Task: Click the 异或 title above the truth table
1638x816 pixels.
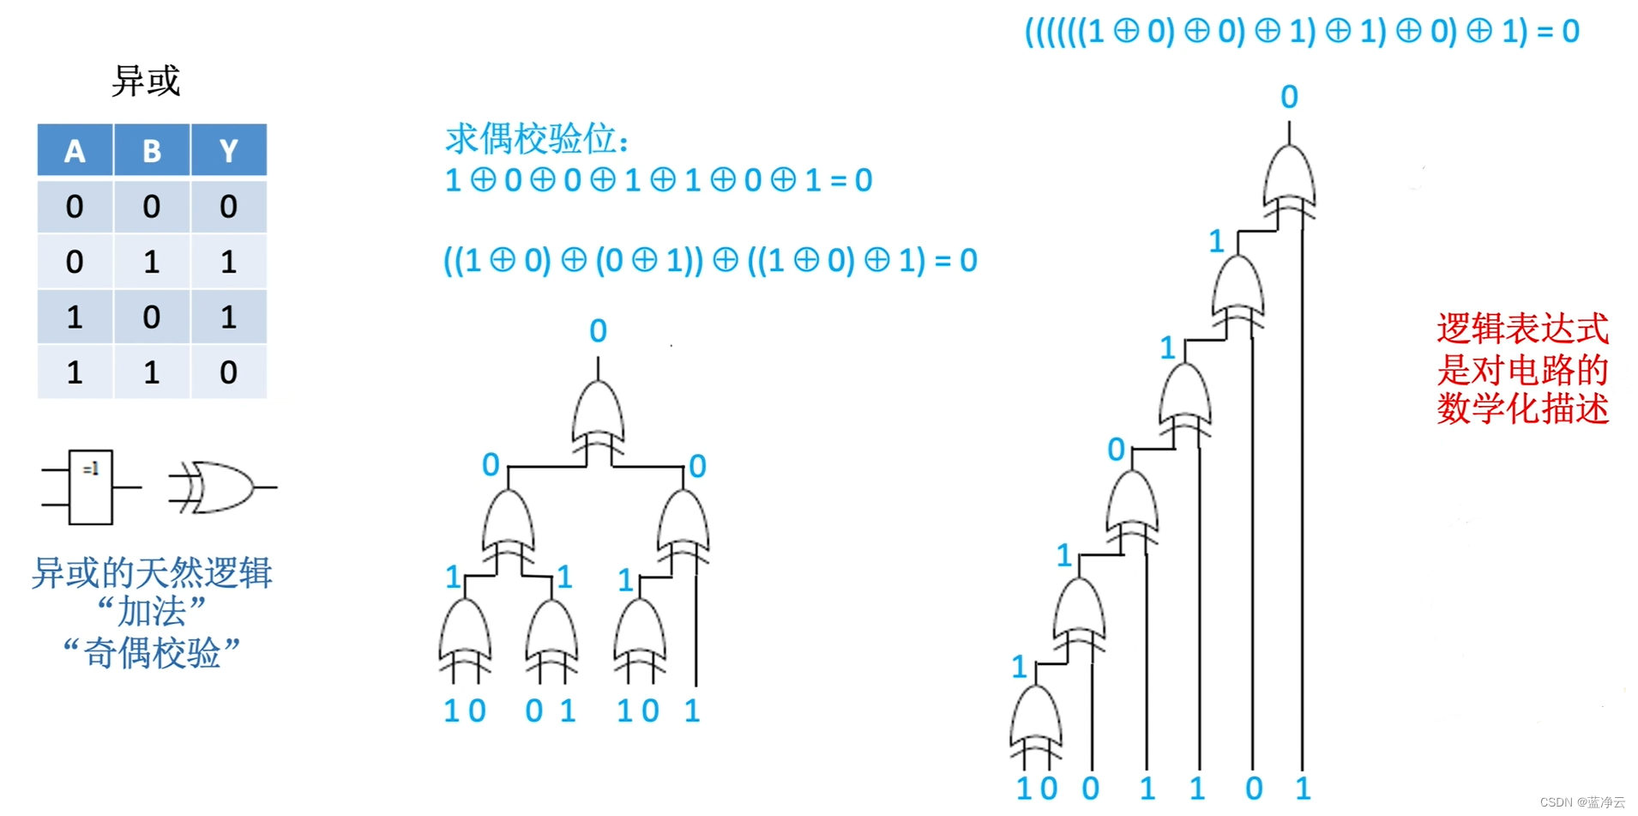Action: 146,82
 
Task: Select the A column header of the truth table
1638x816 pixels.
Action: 75,151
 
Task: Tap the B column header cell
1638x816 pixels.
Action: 152,151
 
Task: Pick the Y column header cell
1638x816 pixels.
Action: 228,151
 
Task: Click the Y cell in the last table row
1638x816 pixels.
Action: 228,372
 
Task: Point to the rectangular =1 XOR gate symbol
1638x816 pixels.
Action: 91,487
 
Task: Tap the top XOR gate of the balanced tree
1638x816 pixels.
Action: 599,416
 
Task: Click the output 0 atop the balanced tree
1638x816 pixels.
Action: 599,331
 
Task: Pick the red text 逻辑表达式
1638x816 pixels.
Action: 1522,329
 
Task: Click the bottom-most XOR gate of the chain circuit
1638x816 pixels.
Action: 1036,721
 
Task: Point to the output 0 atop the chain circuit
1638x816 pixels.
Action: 1289,97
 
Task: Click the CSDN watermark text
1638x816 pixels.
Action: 1582,802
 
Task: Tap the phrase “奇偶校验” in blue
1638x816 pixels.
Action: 151,653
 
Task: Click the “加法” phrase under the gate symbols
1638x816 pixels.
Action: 151,612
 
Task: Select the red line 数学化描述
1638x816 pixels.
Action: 1522,408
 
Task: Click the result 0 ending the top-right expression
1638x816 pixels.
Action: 1570,32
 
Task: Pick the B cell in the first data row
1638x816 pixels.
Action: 152,207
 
